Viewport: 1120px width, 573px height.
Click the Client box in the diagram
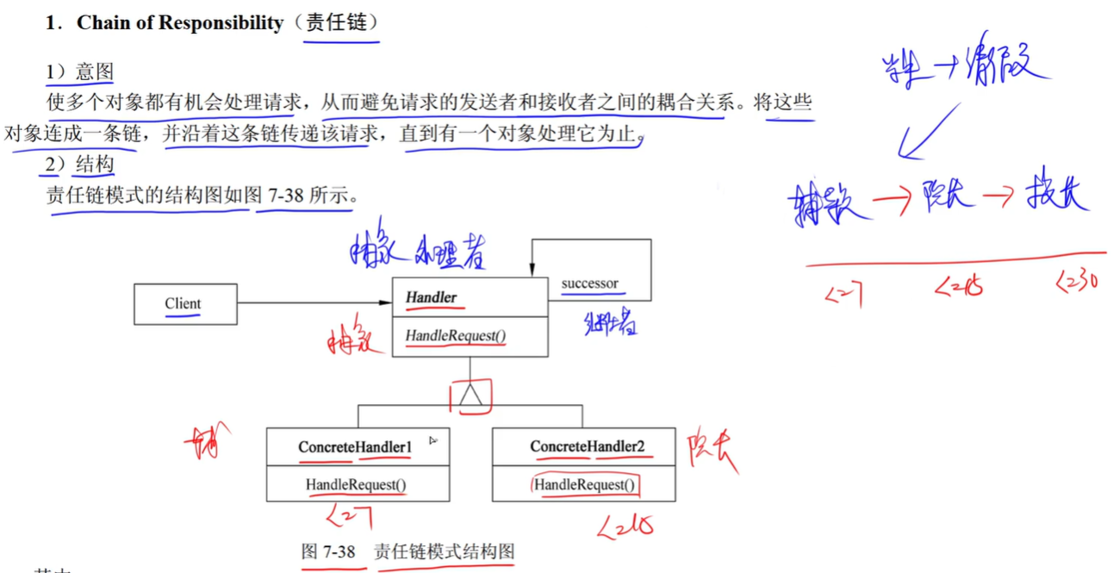[185, 304]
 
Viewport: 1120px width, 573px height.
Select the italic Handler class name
[431, 298]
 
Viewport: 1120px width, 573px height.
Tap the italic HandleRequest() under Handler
[456, 336]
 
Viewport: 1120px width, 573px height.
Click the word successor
[589, 283]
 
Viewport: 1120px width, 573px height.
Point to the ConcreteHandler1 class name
[355, 447]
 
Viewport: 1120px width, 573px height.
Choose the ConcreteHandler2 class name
[587, 447]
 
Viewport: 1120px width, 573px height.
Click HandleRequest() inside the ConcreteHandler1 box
[356, 485]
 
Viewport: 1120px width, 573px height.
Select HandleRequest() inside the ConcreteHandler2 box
[584, 485]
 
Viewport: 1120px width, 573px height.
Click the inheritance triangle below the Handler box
[470, 395]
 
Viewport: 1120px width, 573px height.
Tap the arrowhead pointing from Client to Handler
[387, 302]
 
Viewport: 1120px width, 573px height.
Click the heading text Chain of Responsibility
[179, 23]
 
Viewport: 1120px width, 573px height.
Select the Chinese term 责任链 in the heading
[339, 23]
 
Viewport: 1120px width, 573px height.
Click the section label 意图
[93, 72]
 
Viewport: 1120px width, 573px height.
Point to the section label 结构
[93, 164]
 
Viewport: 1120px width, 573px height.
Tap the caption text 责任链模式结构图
[444, 551]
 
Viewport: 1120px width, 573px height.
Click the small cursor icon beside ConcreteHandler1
[432, 440]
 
